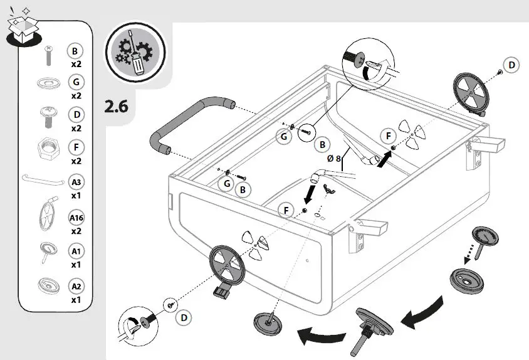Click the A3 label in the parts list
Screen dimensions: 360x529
[x=76, y=183]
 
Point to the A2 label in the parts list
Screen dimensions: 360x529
[x=76, y=287]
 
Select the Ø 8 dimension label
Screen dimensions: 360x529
[x=334, y=159]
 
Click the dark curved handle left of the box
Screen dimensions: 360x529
[x=188, y=122]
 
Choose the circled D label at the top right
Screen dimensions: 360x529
[x=511, y=65]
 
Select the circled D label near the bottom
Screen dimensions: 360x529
[x=184, y=318]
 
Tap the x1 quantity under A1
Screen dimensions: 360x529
[x=76, y=265]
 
